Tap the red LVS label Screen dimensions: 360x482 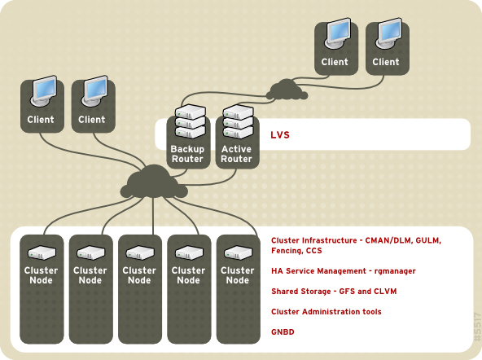(x=281, y=134)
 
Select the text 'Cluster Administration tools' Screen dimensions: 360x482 (x=326, y=312)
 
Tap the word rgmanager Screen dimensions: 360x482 (x=380, y=270)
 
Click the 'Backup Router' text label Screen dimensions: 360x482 (x=186, y=154)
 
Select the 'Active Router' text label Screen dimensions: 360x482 (x=236, y=154)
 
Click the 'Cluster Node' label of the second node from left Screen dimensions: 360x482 (x=90, y=275)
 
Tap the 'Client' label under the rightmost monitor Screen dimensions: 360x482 (x=386, y=62)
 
